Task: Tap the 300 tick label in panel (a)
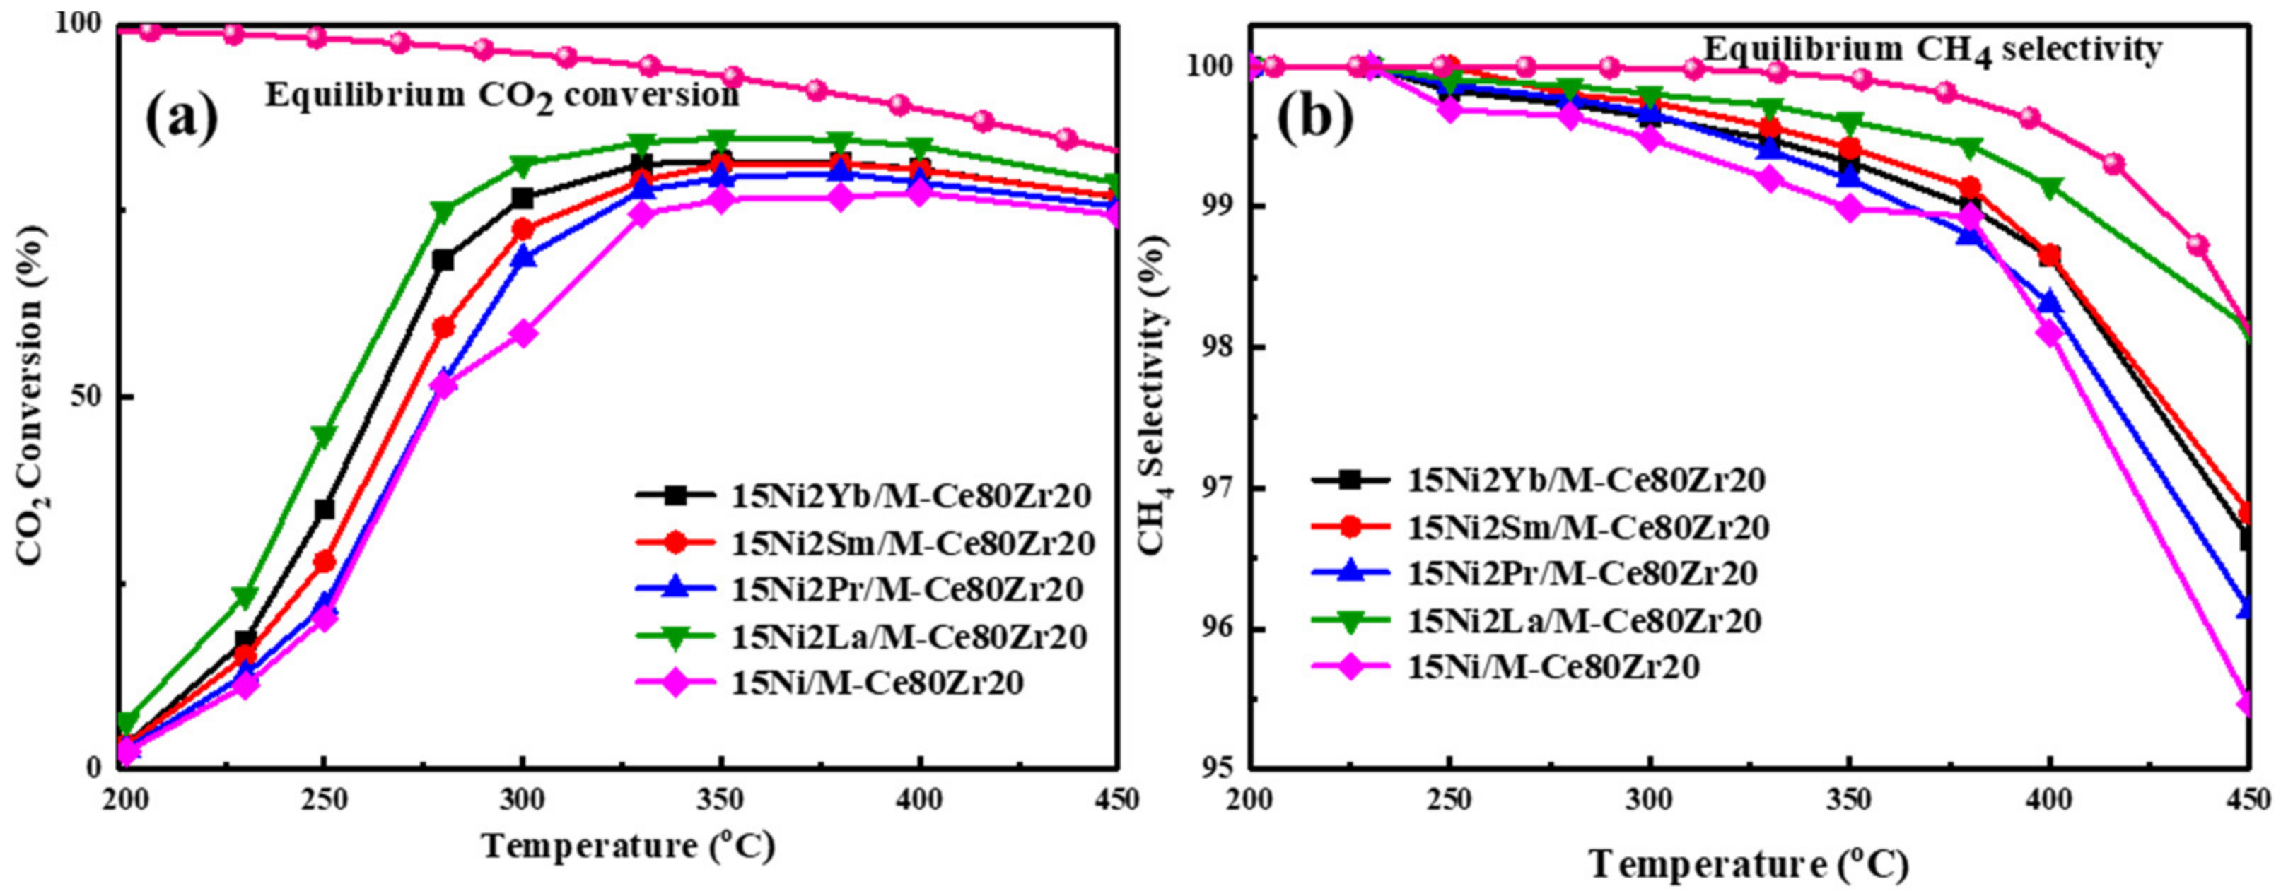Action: pyautogui.click(x=523, y=801)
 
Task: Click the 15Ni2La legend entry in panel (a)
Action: pyautogui.click(x=908, y=637)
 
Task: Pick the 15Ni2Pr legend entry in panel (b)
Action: pyautogui.click(x=1582, y=573)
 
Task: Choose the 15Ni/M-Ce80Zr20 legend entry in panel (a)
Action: pyautogui.click(x=877, y=683)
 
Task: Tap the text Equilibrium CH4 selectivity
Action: pyautogui.click(x=1932, y=50)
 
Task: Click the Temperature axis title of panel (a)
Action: pyautogui.click(x=629, y=846)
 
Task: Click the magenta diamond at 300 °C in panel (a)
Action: pyautogui.click(x=523, y=334)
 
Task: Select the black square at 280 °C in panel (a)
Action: pyautogui.click(x=443, y=260)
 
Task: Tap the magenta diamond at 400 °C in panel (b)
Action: pyautogui.click(x=2049, y=334)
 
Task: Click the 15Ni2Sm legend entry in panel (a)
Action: pyautogui.click(x=911, y=543)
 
